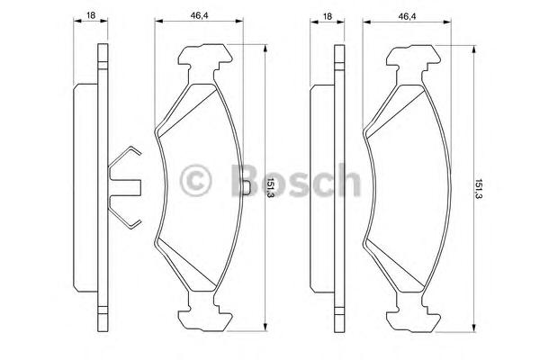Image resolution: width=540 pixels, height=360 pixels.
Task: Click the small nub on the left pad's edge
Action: pos(247,187)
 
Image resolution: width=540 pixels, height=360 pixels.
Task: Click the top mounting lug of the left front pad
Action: pos(204,62)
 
